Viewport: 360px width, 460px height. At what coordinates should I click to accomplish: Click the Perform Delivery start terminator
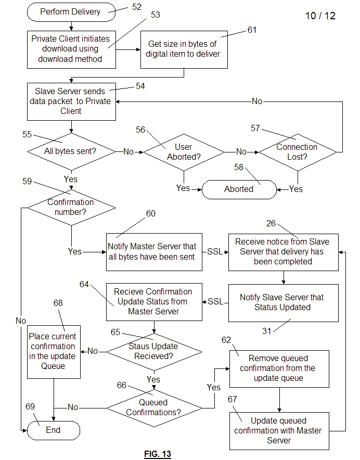point(71,11)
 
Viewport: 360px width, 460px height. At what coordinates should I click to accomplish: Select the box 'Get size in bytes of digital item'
point(184,49)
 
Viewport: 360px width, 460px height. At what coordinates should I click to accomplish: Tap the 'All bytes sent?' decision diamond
point(71,151)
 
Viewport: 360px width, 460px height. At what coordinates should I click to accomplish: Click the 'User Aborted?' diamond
point(184,152)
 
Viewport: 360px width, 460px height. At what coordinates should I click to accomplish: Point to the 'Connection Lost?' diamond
point(298,151)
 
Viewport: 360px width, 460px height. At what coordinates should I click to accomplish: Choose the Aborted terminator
point(239,189)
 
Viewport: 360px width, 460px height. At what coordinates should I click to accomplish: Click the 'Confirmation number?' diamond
point(71,208)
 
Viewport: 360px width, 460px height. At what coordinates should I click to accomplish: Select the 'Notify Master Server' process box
point(154,251)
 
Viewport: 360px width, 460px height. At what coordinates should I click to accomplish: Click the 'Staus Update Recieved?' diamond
point(154,351)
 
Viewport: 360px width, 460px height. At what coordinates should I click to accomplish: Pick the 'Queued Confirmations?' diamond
point(154,407)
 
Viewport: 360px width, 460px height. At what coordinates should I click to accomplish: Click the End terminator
point(53,430)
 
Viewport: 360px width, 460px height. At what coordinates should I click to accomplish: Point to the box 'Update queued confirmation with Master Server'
point(279,431)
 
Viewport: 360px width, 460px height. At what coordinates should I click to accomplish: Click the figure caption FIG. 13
point(157,454)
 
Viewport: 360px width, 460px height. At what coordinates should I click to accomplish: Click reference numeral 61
point(252,30)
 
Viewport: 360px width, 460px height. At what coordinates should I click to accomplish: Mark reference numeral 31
point(266,331)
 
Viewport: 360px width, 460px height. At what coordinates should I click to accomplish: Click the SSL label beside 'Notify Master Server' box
point(215,252)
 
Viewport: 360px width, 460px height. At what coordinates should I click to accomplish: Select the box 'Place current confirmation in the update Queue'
point(54,351)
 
